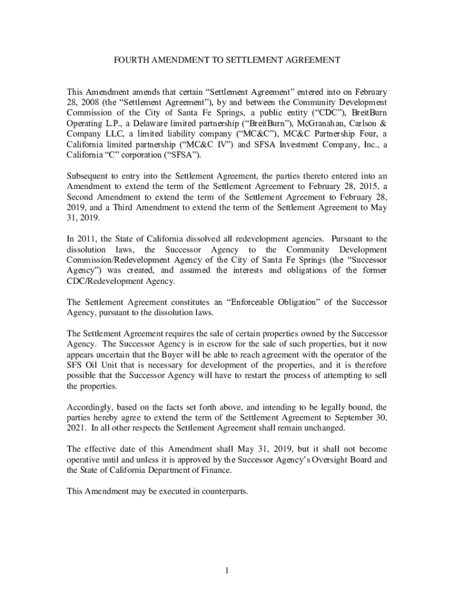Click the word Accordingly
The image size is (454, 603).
point(91,407)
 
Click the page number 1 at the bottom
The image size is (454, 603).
point(227,571)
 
